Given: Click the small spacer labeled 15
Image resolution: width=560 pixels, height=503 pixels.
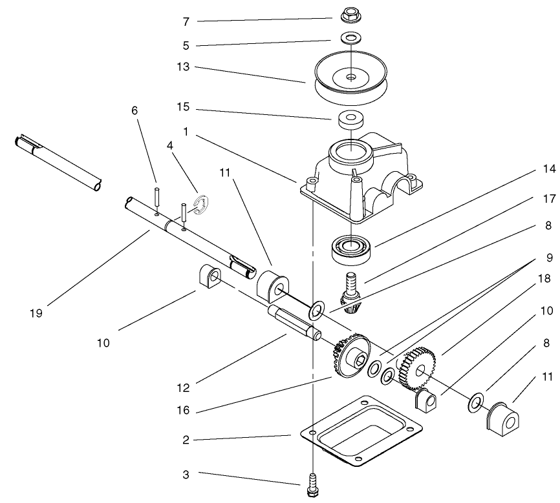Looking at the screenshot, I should coord(350,119).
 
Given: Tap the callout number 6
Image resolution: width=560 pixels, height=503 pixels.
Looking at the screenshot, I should coord(134,110).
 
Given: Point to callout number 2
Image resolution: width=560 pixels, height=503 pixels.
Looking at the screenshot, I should coord(187,440).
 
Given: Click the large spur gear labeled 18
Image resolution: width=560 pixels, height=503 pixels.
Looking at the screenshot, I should coord(416,368).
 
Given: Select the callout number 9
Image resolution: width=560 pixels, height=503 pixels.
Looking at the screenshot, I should coord(548,257).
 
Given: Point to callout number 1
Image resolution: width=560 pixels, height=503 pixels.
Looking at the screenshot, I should coord(187,132).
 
